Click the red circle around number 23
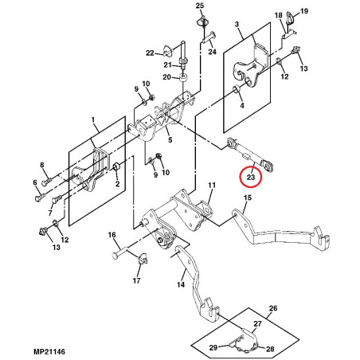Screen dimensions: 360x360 pos(251,166)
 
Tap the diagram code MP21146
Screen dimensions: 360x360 pos(49,352)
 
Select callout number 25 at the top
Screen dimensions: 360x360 pos(200,6)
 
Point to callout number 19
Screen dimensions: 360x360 pos(304,11)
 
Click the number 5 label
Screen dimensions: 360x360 pos(170,139)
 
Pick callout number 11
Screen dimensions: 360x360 pos(212,185)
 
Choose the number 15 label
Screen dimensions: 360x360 pos(248,198)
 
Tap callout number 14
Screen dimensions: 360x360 pos(181,284)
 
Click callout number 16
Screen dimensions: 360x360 pos(112,235)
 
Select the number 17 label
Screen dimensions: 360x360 pos(136,280)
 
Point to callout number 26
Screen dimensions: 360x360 pos(273,308)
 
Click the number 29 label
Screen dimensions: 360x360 pos(213,347)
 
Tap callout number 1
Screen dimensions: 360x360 pos(93,120)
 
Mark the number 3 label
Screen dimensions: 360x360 pos(237,25)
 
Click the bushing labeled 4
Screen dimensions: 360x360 pos(237,89)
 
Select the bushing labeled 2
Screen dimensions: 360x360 pos(117,166)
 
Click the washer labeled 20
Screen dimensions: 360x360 pos(183,77)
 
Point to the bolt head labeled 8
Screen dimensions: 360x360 pos(45,182)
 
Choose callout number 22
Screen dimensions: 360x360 pos(150,53)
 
